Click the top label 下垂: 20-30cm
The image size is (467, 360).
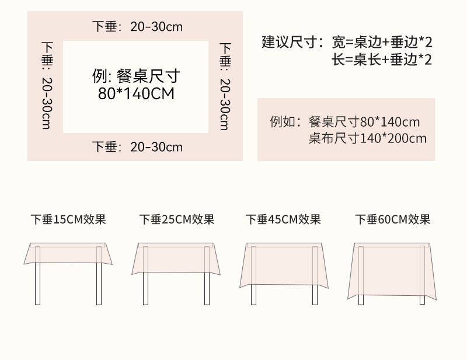pos(137,26)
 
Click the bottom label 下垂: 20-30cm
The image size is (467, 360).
pos(137,147)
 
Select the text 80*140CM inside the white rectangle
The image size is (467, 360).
pos(136,93)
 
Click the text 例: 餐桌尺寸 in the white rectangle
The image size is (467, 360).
pos(136,76)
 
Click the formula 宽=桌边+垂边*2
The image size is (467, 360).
pos(382,42)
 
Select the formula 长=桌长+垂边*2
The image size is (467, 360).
pos(382,60)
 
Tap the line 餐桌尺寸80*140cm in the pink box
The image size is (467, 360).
pos(364,122)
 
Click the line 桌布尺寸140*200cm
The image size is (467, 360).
pos(368,138)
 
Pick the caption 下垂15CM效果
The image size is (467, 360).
pos(68,220)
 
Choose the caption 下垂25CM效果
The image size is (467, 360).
pos(177,220)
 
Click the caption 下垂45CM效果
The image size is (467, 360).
pos(283,220)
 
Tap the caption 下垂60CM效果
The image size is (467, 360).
pos(393,220)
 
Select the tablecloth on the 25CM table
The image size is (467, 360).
pos(177,258)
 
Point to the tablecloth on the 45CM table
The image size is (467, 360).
pos(283,264)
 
